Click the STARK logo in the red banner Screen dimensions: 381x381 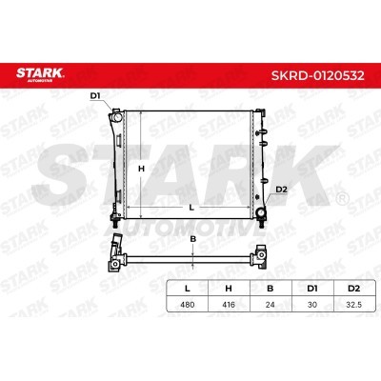pos(40,75)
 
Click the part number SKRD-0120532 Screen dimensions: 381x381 pos(317,75)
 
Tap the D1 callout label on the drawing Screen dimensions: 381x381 pos(95,95)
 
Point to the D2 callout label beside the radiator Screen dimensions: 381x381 pos(281,190)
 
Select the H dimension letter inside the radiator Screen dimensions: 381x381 pos(141,169)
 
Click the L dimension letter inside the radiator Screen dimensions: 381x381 pos(191,208)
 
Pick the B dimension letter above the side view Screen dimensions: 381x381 pos(193,239)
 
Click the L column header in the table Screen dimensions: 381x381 pos(188,289)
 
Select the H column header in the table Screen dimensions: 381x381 pos(229,289)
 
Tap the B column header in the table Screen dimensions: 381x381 pos(271,289)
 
